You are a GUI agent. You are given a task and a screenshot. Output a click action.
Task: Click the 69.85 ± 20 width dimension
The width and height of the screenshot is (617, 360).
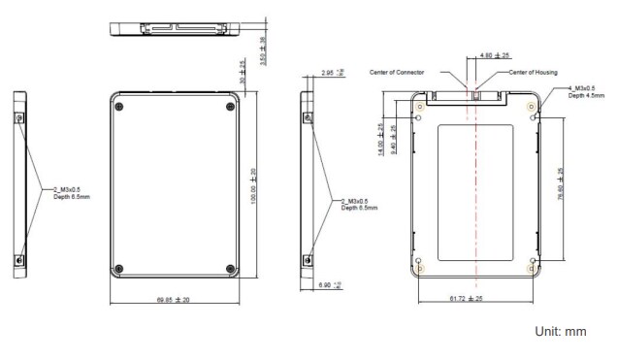[172, 300]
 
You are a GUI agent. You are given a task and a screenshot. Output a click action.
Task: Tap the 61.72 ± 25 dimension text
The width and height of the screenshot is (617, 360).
[476, 300]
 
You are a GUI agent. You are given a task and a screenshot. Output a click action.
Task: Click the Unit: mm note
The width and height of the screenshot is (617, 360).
[561, 332]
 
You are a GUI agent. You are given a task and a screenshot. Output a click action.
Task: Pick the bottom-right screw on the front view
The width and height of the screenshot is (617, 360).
[229, 269]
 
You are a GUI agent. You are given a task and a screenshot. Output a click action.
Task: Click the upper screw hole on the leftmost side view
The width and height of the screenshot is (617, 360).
[20, 116]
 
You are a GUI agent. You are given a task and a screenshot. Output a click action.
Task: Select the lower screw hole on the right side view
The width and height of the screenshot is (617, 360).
[308, 259]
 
